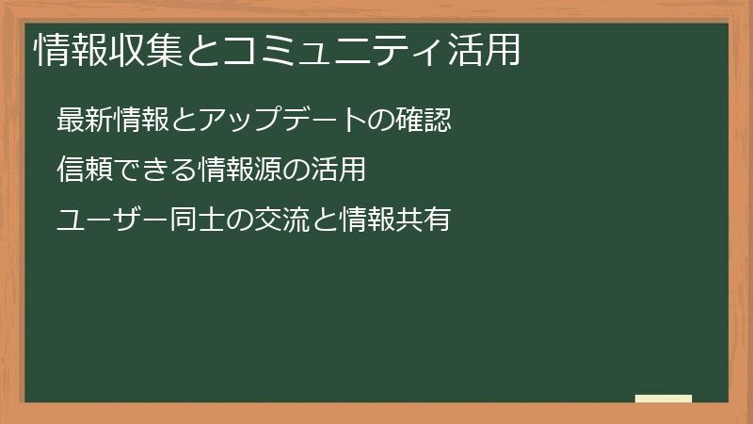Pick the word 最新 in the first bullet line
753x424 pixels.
(82, 121)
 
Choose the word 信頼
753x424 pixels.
(82, 170)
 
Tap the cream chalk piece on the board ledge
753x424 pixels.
(663, 399)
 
